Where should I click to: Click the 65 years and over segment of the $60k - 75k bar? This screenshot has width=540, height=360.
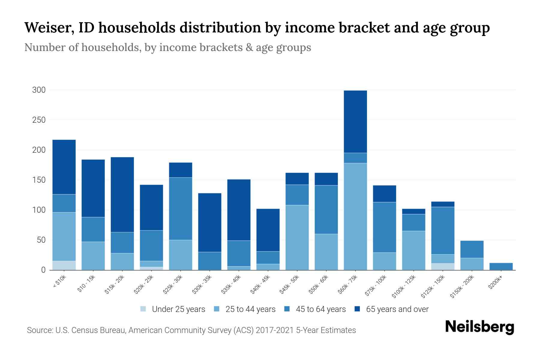click(355, 121)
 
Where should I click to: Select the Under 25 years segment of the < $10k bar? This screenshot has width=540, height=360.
click(64, 265)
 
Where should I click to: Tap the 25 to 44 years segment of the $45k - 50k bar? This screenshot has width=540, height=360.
click(297, 237)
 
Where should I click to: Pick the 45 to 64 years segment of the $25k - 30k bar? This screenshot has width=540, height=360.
click(181, 208)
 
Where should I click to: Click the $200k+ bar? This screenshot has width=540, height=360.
click(501, 266)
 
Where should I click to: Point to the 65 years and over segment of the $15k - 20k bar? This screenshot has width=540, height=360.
click(122, 194)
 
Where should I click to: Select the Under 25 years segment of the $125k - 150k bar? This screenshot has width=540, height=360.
click(443, 267)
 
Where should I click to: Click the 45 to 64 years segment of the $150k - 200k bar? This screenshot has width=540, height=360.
click(472, 249)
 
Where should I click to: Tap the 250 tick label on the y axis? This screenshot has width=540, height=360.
click(39, 120)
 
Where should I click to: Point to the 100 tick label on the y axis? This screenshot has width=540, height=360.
click(39, 210)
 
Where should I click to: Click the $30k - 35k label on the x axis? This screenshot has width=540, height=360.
click(202, 284)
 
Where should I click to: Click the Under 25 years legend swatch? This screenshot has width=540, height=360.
click(143, 309)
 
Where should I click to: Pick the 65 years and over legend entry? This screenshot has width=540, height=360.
click(397, 309)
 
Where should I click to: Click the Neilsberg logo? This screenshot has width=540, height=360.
click(479, 327)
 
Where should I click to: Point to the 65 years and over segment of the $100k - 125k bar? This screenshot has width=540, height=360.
click(414, 211)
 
